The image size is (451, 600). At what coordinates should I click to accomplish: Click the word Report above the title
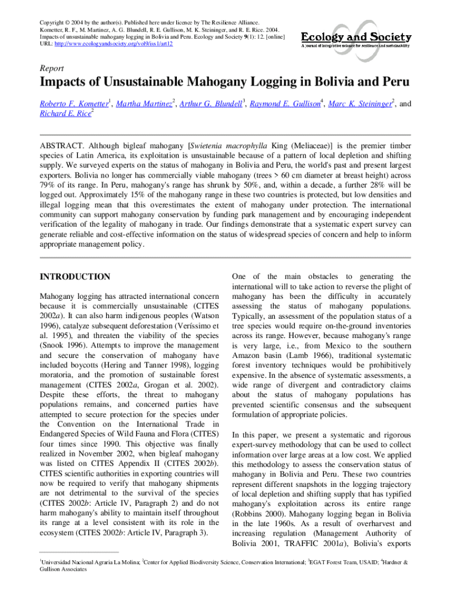(x=52, y=69)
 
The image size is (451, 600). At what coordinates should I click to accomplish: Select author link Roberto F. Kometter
(x=74, y=104)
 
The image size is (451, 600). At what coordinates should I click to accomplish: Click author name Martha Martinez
(x=143, y=104)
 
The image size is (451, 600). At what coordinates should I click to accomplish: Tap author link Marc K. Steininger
(x=360, y=104)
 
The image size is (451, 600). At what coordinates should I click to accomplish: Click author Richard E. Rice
(x=65, y=115)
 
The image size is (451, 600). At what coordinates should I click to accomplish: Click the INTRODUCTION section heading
(x=74, y=277)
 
